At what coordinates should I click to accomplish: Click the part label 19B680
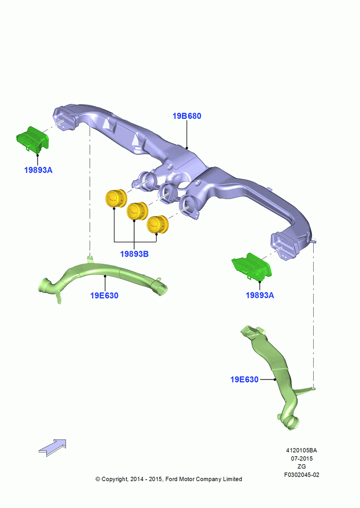[x=187, y=116]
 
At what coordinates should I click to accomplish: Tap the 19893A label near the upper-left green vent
[x=38, y=170]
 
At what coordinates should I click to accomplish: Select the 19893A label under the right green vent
[x=260, y=295]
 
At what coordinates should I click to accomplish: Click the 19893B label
[x=134, y=254]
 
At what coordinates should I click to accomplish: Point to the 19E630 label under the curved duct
[x=104, y=296]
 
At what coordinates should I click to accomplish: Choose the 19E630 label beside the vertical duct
[x=244, y=379]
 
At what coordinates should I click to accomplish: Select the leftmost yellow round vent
[x=116, y=198]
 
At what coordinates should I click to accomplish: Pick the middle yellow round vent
[x=137, y=211]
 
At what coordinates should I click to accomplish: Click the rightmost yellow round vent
[x=158, y=224]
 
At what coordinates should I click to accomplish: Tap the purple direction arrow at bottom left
[x=52, y=448]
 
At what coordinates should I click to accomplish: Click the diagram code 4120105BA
[x=302, y=450]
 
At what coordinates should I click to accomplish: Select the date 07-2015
[x=302, y=458]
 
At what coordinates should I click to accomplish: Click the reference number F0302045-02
[x=302, y=475]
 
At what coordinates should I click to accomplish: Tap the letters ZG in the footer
[x=302, y=466]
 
